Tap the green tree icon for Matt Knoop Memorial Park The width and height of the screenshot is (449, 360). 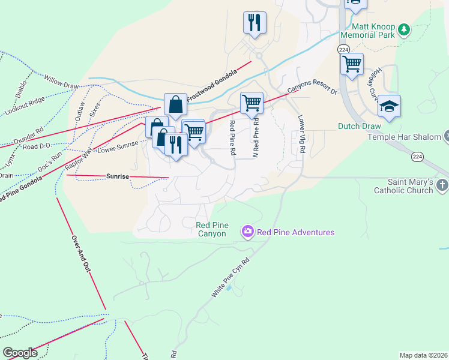(404, 28)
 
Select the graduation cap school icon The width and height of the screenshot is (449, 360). (389, 106)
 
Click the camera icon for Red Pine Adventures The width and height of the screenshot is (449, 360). (247, 232)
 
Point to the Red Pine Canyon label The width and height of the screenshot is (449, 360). (211, 229)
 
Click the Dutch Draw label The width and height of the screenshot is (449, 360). (355, 127)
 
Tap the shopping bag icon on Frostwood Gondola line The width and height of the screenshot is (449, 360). (175, 104)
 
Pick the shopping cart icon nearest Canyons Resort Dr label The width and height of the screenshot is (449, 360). (252, 103)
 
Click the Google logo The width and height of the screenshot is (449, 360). (20, 353)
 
